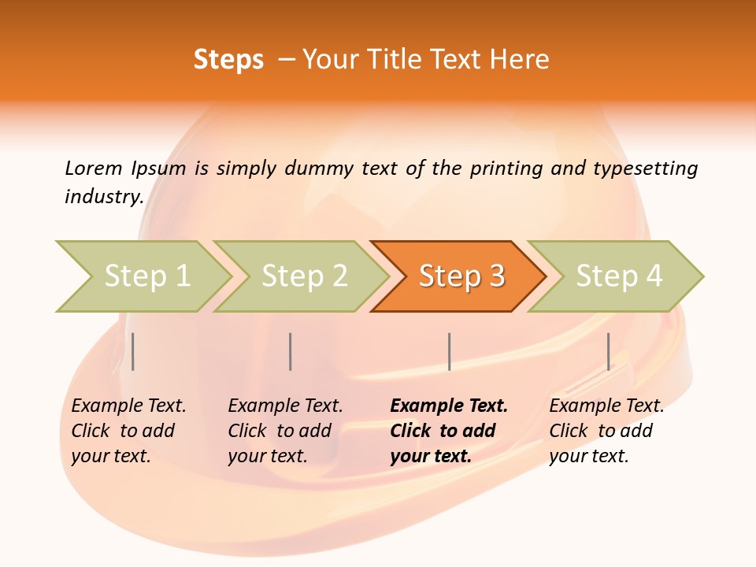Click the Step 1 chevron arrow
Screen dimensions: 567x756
[146, 276]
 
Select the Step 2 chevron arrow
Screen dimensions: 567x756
[304, 276]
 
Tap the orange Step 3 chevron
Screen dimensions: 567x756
[461, 276]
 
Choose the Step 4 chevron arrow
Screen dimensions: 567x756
[619, 276]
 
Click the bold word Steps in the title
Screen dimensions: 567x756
[228, 60]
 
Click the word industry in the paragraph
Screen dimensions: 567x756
[103, 196]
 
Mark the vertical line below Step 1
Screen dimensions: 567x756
[133, 351]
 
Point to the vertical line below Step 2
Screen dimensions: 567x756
[291, 351]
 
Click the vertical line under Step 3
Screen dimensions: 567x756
[449, 351]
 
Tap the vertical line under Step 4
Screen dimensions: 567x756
[608, 351]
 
